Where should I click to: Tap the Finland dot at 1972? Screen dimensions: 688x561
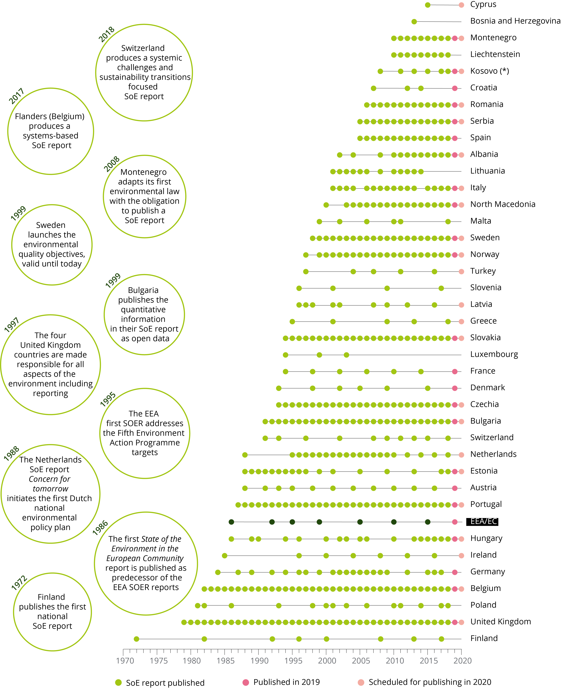point(136,639)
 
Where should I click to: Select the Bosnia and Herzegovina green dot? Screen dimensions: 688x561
point(414,22)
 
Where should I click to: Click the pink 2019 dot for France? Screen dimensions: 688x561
point(455,372)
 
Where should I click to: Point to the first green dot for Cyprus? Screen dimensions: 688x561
point(428,5)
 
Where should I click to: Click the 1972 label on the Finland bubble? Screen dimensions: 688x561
point(19,583)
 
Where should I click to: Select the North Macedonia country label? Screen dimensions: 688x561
point(503,204)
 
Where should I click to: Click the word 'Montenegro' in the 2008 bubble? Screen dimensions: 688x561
point(143,172)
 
